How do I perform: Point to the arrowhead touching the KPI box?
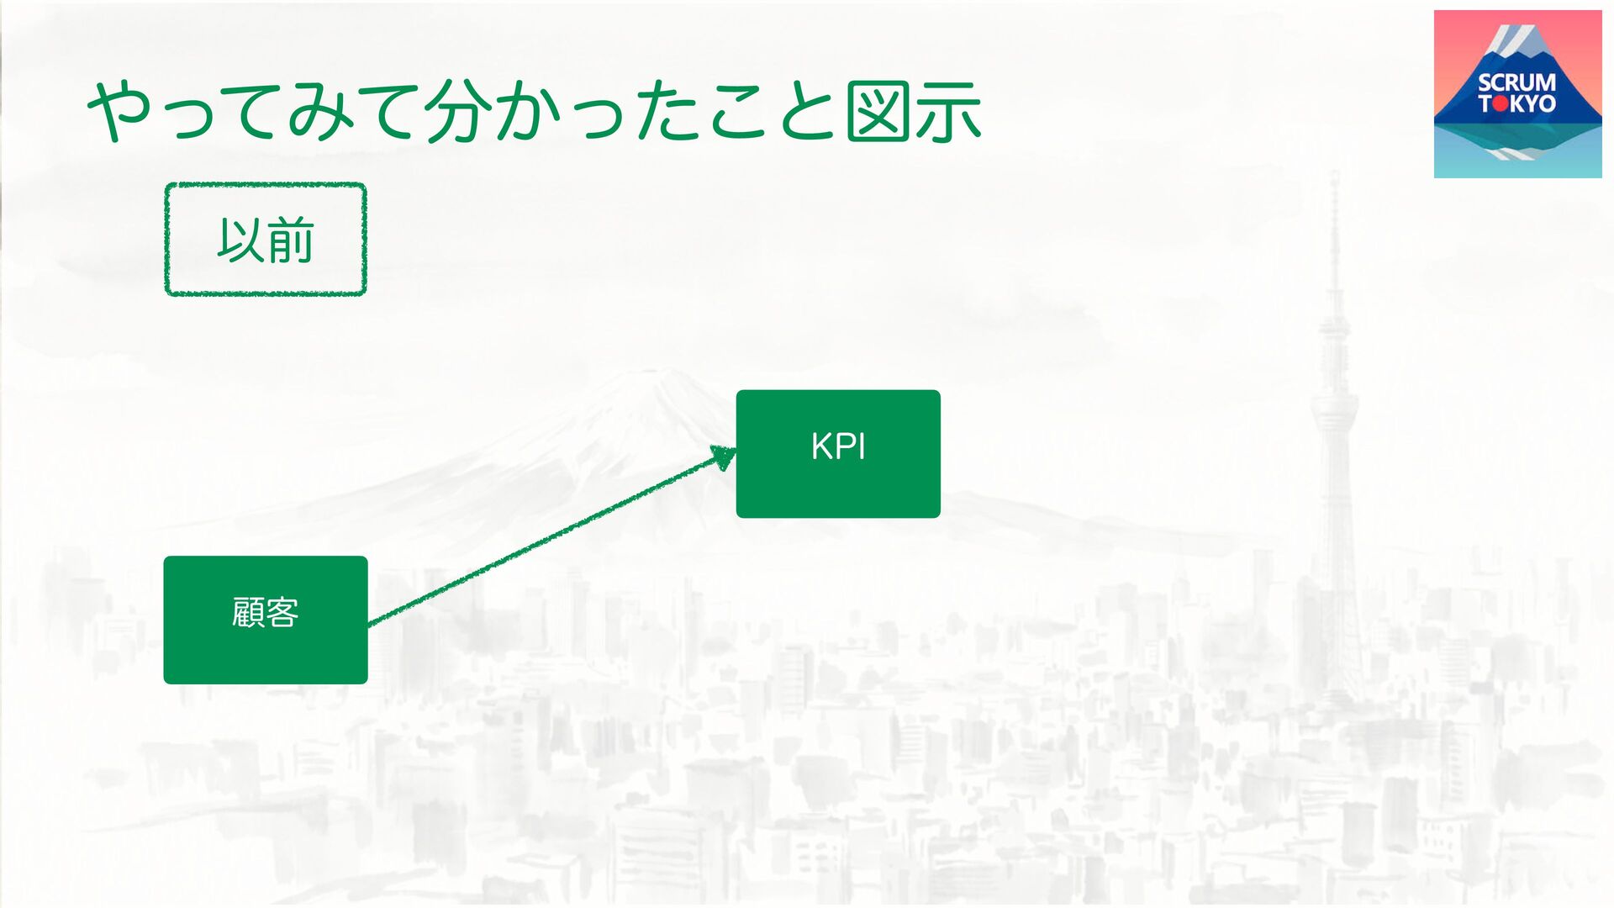(x=724, y=457)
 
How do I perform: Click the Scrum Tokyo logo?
(x=1517, y=93)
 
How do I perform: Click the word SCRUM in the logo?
(x=1516, y=82)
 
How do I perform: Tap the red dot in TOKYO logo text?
(x=1501, y=104)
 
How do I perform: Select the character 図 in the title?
(x=878, y=112)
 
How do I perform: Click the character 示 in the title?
(x=948, y=112)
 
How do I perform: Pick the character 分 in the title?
(x=457, y=112)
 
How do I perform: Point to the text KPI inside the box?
(x=837, y=446)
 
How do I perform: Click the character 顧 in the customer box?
(x=248, y=612)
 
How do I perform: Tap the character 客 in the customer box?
(x=282, y=612)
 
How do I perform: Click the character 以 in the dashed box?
(x=241, y=240)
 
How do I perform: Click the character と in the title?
(x=807, y=112)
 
